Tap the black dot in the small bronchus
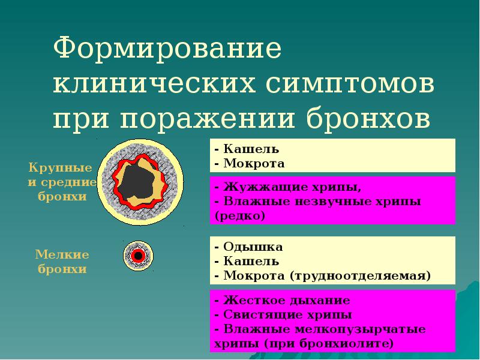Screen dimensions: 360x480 137,256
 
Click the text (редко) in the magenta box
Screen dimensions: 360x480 239,215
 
